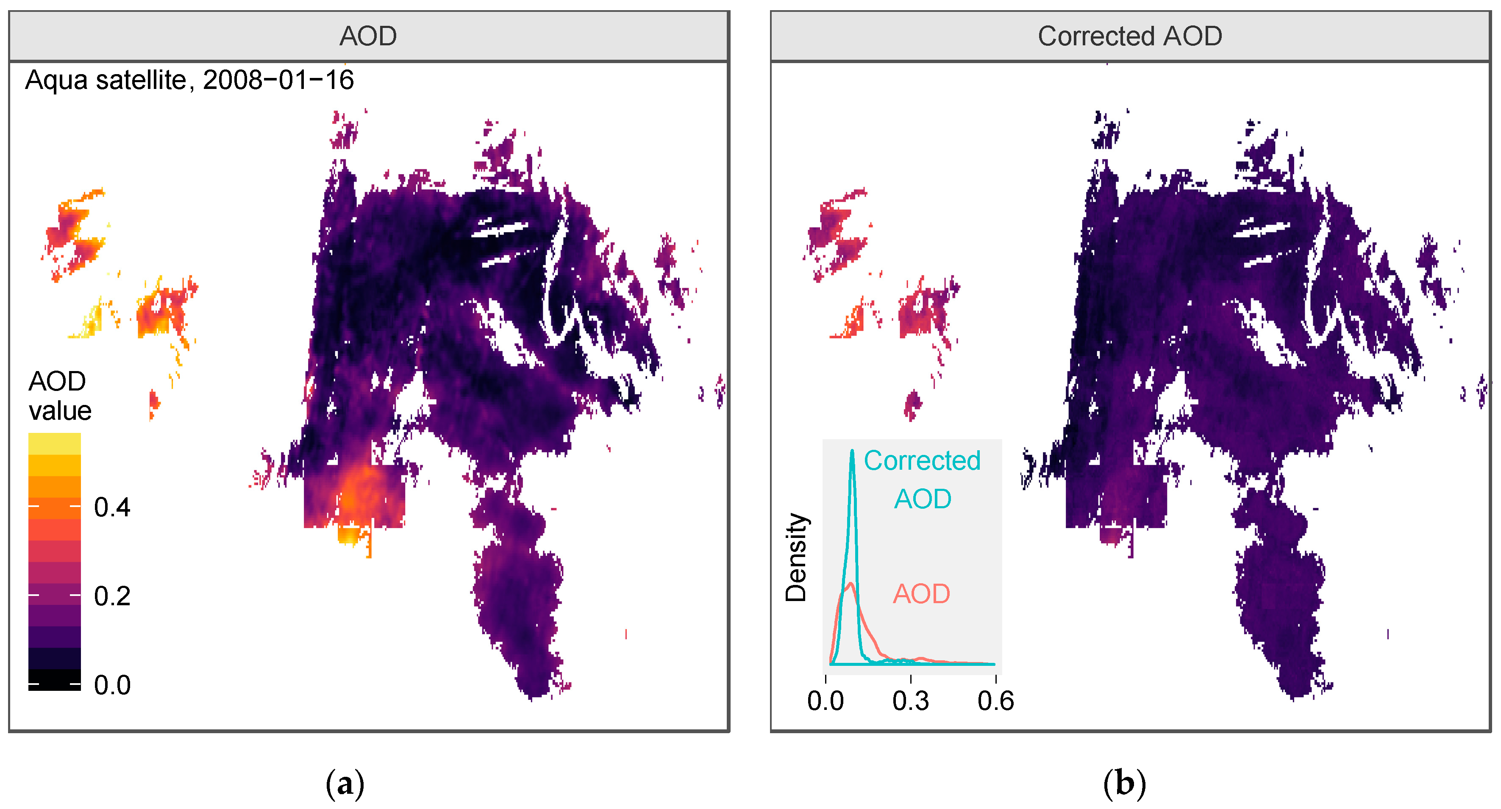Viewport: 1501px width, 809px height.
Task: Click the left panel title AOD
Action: pyautogui.click(x=368, y=36)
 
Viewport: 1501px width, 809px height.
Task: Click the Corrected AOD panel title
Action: pyautogui.click(x=1129, y=36)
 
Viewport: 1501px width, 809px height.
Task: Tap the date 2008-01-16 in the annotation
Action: pyautogui.click(x=278, y=80)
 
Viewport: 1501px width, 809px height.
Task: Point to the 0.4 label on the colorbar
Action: pyautogui.click(x=112, y=507)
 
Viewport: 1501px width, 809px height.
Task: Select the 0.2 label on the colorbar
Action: pyautogui.click(x=112, y=596)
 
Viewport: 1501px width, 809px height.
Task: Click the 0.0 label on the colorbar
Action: pyautogui.click(x=112, y=685)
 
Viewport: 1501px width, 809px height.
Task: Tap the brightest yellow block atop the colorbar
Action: pyautogui.click(x=54, y=443)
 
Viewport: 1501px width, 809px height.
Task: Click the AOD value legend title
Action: pyautogui.click(x=59, y=396)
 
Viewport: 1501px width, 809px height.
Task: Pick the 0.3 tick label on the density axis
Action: pyautogui.click(x=910, y=701)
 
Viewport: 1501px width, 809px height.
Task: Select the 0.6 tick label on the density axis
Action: pyautogui.click(x=995, y=701)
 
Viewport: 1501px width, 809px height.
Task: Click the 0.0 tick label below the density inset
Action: pyautogui.click(x=825, y=701)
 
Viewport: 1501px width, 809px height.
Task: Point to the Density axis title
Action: pyautogui.click(x=795, y=557)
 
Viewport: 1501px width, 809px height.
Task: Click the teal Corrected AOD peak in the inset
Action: pyautogui.click(x=852, y=452)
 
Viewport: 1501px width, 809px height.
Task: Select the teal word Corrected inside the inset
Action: pyautogui.click(x=922, y=461)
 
